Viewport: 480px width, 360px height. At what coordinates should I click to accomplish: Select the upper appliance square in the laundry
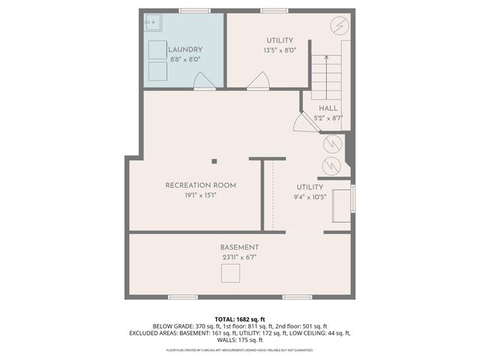tap(157, 50)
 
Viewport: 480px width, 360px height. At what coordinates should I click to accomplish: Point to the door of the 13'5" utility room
tap(259, 82)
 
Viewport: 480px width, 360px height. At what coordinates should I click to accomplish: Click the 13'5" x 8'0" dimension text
tap(280, 51)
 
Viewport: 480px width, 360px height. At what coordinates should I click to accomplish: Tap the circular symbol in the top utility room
tap(338, 26)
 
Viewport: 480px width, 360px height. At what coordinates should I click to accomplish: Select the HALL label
tap(328, 108)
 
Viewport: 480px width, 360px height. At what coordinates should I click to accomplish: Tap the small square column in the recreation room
tap(214, 160)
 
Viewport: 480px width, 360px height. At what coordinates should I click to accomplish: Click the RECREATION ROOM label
tap(201, 185)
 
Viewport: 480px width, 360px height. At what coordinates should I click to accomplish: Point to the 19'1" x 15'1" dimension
tap(201, 196)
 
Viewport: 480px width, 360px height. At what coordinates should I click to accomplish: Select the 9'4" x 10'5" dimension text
tap(309, 198)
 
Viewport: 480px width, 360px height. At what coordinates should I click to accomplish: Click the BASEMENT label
tap(240, 247)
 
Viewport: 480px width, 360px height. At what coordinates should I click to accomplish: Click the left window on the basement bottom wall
tap(183, 297)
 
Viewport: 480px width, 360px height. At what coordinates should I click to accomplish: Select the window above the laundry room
tap(193, 10)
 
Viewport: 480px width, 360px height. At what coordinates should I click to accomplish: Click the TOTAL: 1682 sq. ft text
tap(240, 318)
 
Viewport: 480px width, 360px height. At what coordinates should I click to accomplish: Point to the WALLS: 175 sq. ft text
tap(240, 339)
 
